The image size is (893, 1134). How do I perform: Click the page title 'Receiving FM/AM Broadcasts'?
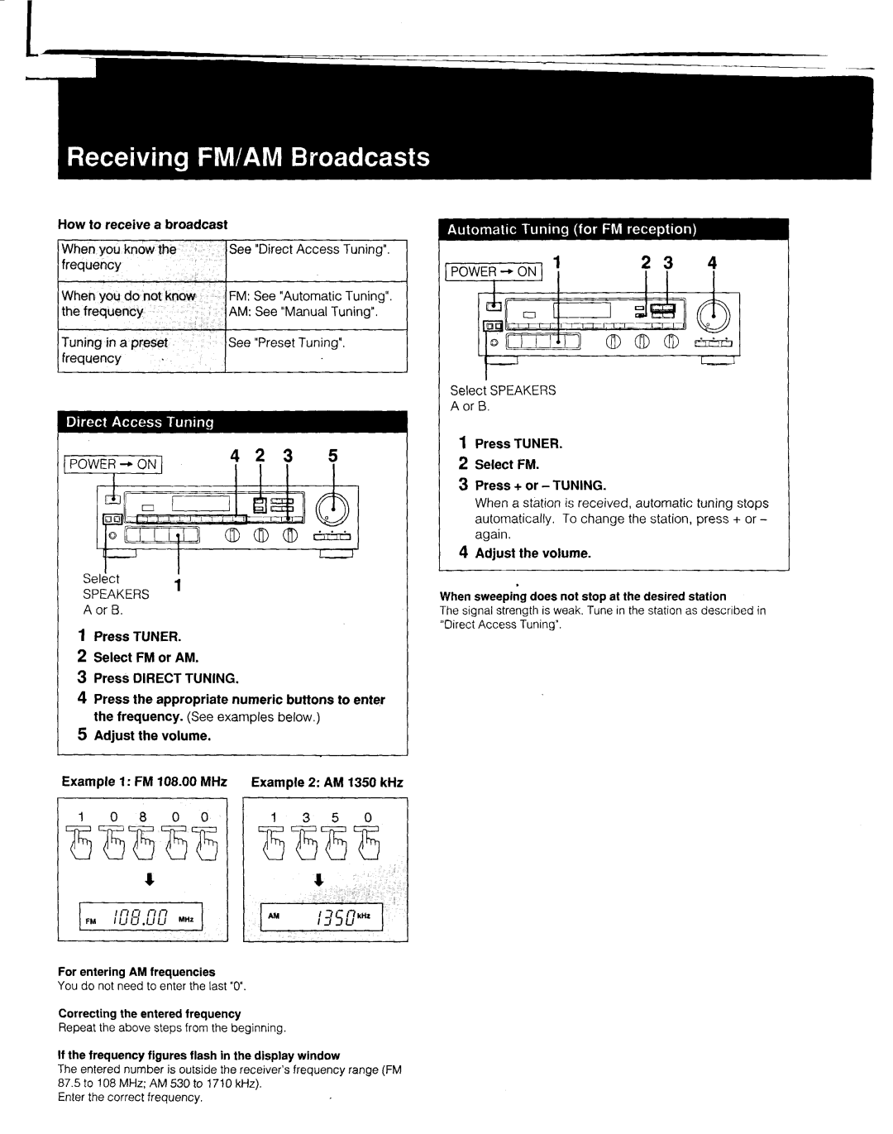pos(248,157)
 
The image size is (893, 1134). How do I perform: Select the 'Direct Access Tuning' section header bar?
pos(232,422)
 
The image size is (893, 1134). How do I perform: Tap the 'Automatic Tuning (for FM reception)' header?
pos(614,229)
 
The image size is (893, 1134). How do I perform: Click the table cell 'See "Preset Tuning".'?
pos(316,351)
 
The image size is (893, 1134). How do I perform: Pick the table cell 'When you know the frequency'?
pos(141,261)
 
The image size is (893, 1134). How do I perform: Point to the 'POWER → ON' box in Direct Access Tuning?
pos(112,464)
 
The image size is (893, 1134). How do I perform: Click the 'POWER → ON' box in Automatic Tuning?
pos(494,272)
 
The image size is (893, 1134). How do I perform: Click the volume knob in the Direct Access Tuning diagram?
pos(332,510)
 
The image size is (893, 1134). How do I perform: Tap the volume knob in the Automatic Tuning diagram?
pos(714,317)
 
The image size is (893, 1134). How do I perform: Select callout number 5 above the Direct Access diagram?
pos(333,456)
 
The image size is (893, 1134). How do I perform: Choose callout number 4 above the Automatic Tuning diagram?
pos(712,262)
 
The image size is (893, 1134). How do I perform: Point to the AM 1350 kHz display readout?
pos(322,917)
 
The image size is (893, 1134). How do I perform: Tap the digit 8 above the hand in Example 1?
pos(143,817)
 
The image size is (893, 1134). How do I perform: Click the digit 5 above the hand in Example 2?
pos(335,818)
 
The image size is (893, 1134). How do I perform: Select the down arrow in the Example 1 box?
pos(150,879)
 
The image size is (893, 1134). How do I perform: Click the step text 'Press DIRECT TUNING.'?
pos(166,678)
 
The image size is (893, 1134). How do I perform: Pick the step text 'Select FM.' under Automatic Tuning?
pos(507,464)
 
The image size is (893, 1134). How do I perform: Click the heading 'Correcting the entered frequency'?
pos(150,1013)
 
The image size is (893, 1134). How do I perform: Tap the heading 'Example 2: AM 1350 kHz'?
pos(327,782)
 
